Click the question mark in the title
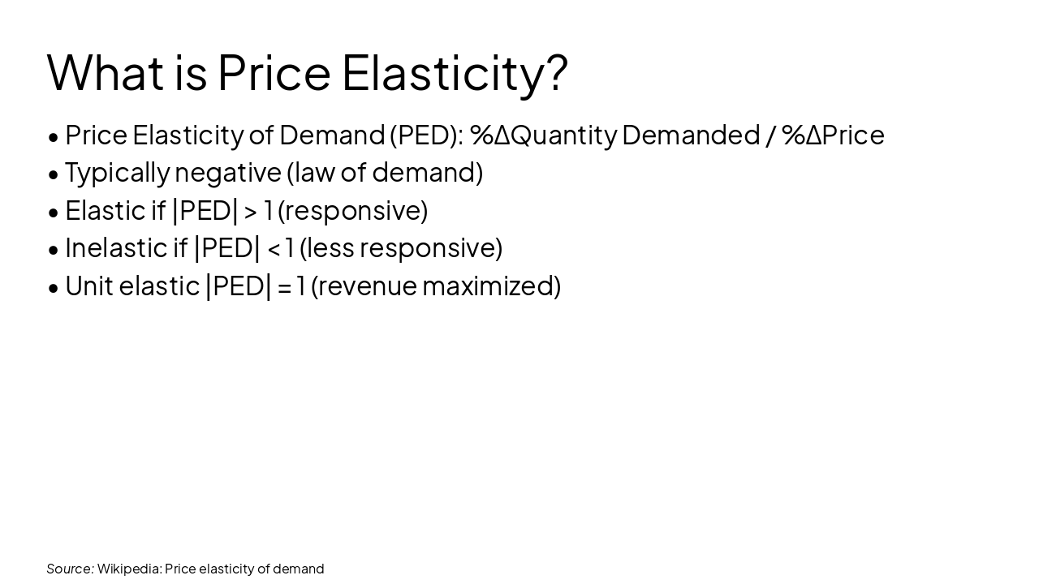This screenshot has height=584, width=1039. [557, 72]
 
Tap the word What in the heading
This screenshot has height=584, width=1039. [106, 72]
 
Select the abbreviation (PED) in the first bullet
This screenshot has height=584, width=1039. [426, 135]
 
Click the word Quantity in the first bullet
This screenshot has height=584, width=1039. [563, 135]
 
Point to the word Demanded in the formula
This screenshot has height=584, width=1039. [691, 135]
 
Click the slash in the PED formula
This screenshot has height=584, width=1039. [770, 135]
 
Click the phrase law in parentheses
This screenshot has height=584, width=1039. [312, 173]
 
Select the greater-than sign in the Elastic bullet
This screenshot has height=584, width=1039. [251, 211]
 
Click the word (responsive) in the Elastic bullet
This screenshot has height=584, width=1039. [352, 211]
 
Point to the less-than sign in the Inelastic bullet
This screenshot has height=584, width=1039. [274, 248]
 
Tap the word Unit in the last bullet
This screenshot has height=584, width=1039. [88, 286]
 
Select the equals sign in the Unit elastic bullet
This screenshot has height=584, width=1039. [284, 286]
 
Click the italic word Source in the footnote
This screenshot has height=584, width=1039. [70, 569]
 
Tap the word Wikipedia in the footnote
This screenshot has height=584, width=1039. [128, 569]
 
